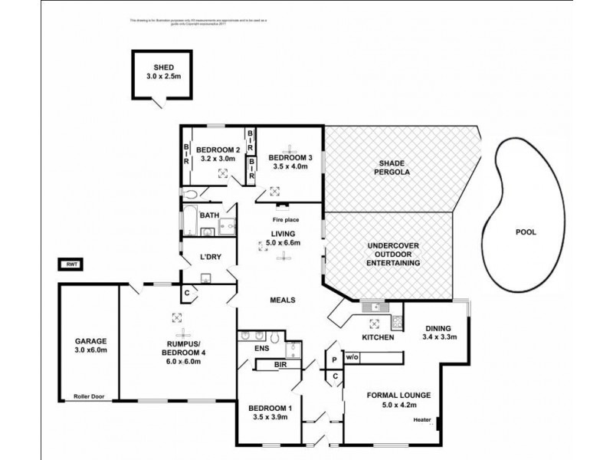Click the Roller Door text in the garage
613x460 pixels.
click(x=90, y=396)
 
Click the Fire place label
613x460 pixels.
click(x=285, y=220)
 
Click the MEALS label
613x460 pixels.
click(x=282, y=300)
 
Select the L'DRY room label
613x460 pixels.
click(x=210, y=257)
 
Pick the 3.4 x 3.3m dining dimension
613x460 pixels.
click(x=440, y=337)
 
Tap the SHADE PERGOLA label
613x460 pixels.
click(x=392, y=167)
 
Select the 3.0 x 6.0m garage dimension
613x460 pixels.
click(x=90, y=350)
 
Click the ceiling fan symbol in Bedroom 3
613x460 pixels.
click(x=291, y=147)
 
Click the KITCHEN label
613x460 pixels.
click(x=378, y=337)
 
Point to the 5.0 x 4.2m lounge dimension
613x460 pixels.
click(x=398, y=405)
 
